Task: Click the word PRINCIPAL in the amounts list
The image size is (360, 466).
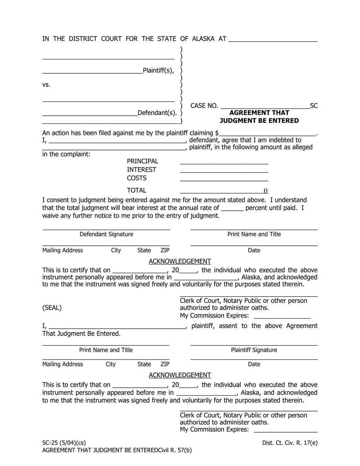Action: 142,161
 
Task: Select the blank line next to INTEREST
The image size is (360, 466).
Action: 224,172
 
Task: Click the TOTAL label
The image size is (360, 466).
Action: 136,190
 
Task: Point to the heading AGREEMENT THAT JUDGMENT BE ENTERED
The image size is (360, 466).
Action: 259,117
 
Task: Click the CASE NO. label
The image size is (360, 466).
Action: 204,106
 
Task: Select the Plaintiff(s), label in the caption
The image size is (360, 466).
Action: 158,70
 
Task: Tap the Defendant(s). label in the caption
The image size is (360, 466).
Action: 157,113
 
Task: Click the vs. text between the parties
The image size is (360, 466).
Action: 46,85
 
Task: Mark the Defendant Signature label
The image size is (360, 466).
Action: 106,234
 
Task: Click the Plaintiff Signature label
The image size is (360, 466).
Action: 254,350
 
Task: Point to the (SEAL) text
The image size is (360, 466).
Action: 52,308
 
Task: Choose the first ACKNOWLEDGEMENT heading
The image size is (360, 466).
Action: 180,261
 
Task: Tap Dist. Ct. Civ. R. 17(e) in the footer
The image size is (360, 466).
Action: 289,443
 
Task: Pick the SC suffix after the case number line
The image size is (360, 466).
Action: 314,106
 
